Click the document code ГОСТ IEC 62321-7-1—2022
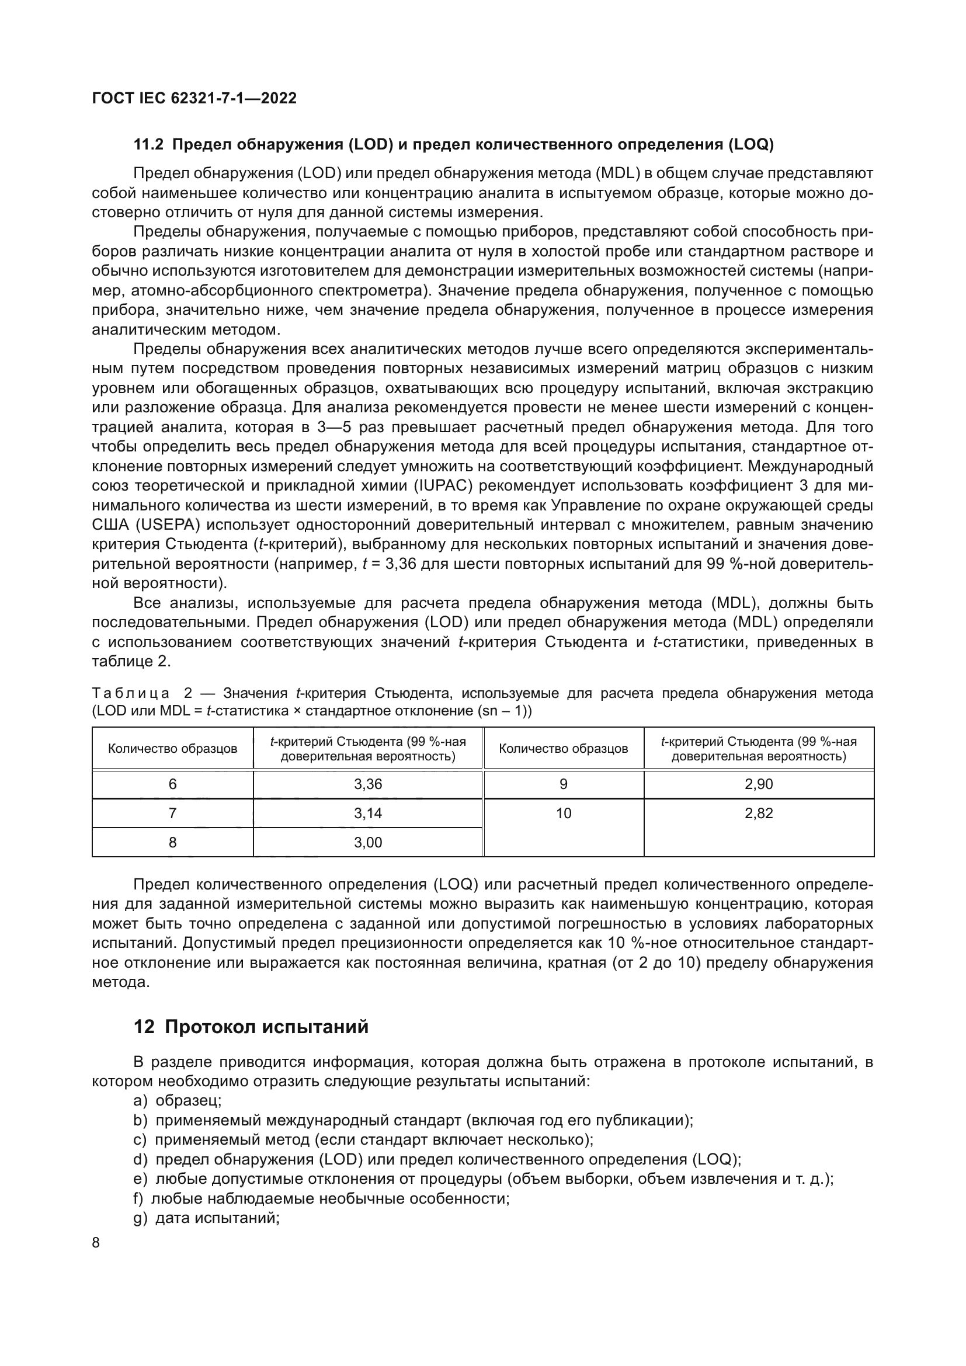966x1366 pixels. (194, 98)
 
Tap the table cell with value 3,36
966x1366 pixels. (367, 784)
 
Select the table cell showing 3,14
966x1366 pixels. (367, 813)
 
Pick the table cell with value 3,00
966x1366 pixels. (367, 842)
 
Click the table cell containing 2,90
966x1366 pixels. (759, 784)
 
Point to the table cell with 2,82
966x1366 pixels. (759, 813)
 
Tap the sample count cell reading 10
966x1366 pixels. (563, 813)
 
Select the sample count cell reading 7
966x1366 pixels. (172, 813)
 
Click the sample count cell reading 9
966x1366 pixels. (563, 784)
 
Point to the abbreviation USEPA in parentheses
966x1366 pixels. (167, 526)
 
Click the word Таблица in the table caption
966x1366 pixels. (131, 693)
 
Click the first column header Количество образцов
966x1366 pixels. (172, 749)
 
